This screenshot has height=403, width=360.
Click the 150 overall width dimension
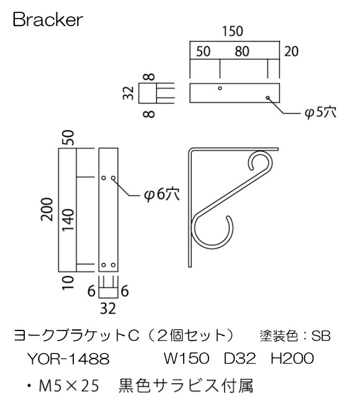tap(233, 31)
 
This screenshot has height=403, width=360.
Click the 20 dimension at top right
tap(292, 52)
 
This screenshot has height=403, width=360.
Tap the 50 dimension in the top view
tap(205, 52)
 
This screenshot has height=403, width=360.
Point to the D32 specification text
tap(238, 358)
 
